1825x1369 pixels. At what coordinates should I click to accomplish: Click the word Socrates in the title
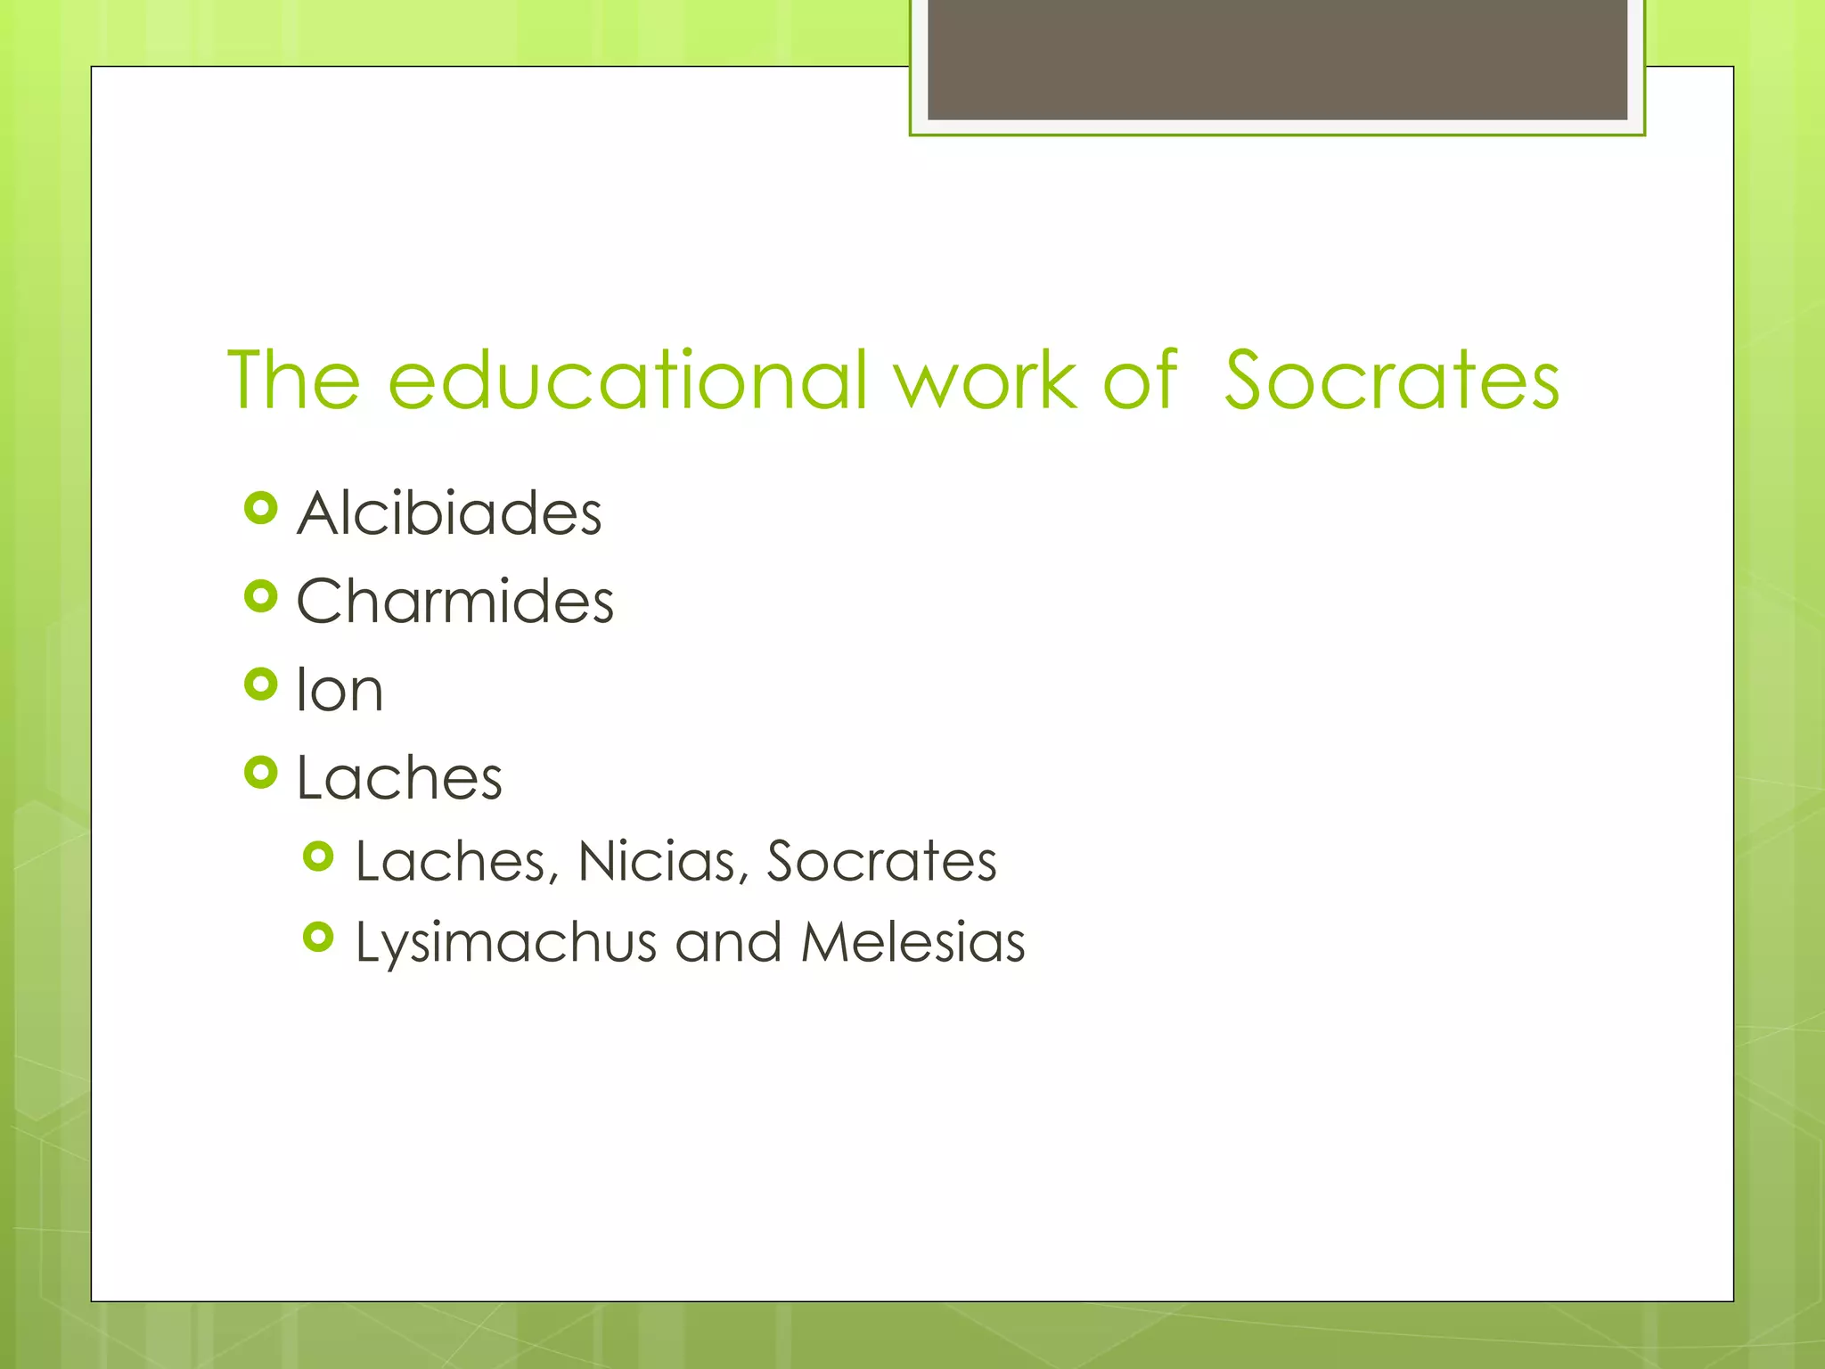1391,381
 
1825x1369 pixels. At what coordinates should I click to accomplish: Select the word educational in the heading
628,381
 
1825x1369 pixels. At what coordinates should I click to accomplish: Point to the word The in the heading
294,381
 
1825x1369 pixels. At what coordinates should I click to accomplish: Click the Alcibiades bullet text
449,514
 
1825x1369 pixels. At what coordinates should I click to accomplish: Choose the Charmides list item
454,602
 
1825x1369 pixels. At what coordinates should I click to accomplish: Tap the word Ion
340,690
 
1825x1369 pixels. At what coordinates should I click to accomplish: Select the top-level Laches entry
399,778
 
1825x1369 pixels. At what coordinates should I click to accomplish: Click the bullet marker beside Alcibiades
260,509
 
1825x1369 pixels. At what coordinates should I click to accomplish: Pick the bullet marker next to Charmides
260,596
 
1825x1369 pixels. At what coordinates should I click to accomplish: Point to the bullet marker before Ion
260,684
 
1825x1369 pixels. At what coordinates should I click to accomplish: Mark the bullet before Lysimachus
318,937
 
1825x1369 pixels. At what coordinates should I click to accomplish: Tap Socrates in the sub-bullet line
881,862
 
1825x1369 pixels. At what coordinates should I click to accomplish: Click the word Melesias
912,943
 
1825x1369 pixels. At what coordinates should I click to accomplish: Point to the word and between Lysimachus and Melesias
728,943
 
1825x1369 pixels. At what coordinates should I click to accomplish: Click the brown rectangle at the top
1277,60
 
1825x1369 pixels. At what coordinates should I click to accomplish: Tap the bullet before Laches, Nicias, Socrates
318,857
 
